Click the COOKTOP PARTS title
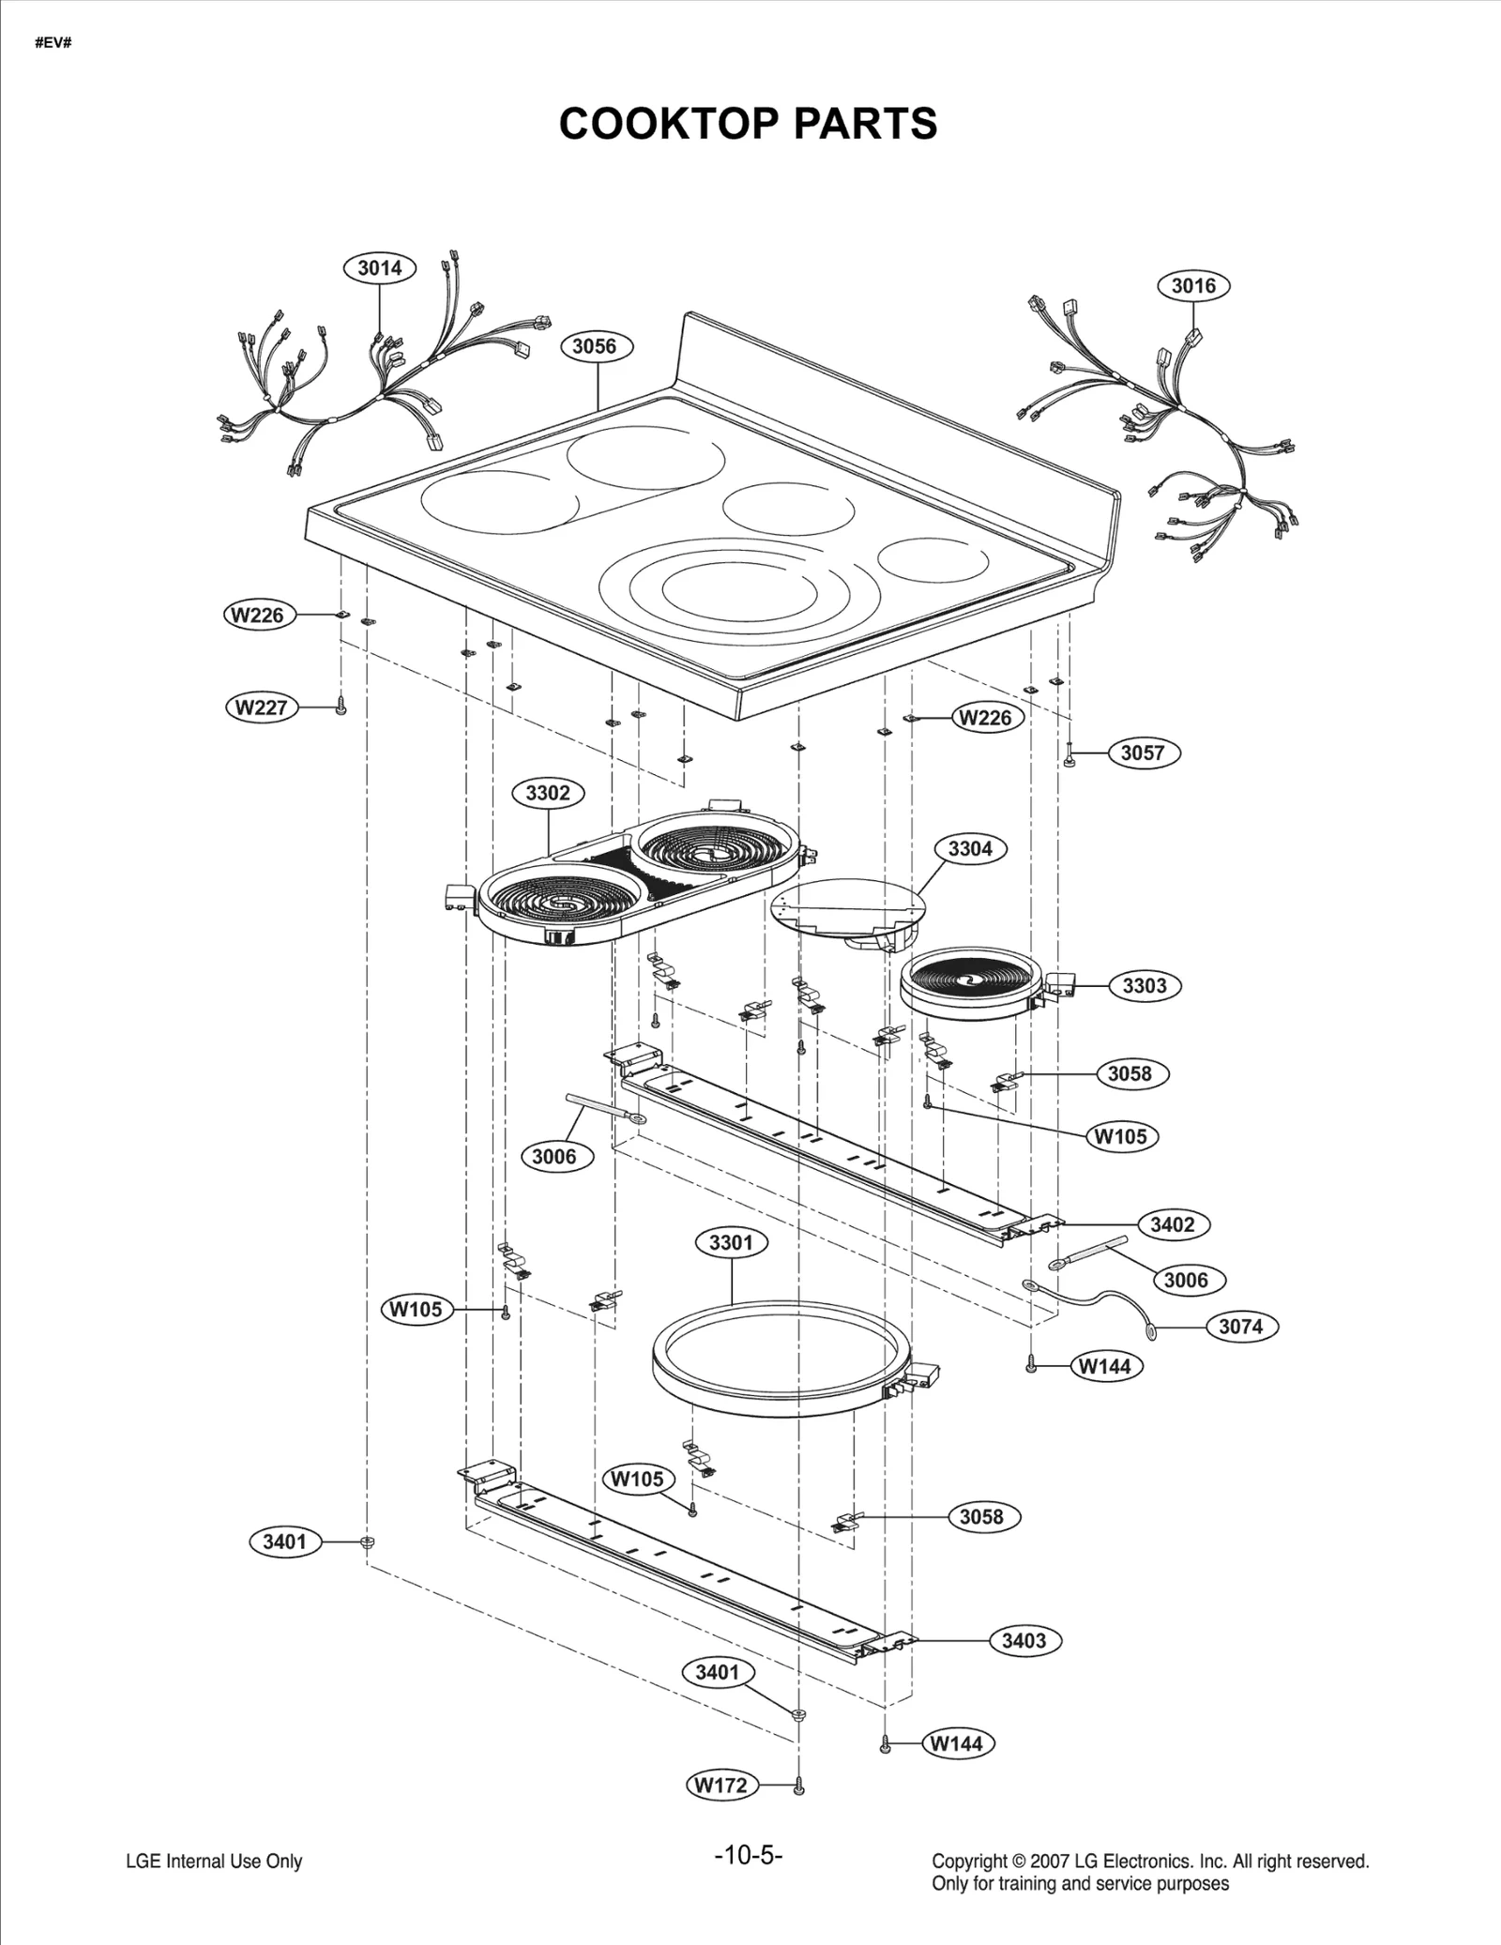tap(748, 123)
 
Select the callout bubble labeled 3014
tap(379, 268)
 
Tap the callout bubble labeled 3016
tap(1192, 285)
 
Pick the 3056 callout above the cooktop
tap(595, 346)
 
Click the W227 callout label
tap(262, 707)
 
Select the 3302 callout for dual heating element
tap(548, 793)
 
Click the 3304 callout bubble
tap(970, 848)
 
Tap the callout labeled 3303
tap(1145, 985)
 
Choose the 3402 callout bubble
tap(1173, 1224)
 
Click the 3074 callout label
tap(1240, 1327)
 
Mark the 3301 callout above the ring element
tap(731, 1242)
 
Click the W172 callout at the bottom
tap(720, 1785)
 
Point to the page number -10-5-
tap(748, 1855)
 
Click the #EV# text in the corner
tap(53, 44)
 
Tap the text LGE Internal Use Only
tap(214, 1861)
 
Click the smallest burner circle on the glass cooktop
tap(932, 559)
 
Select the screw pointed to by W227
tap(341, 708)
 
